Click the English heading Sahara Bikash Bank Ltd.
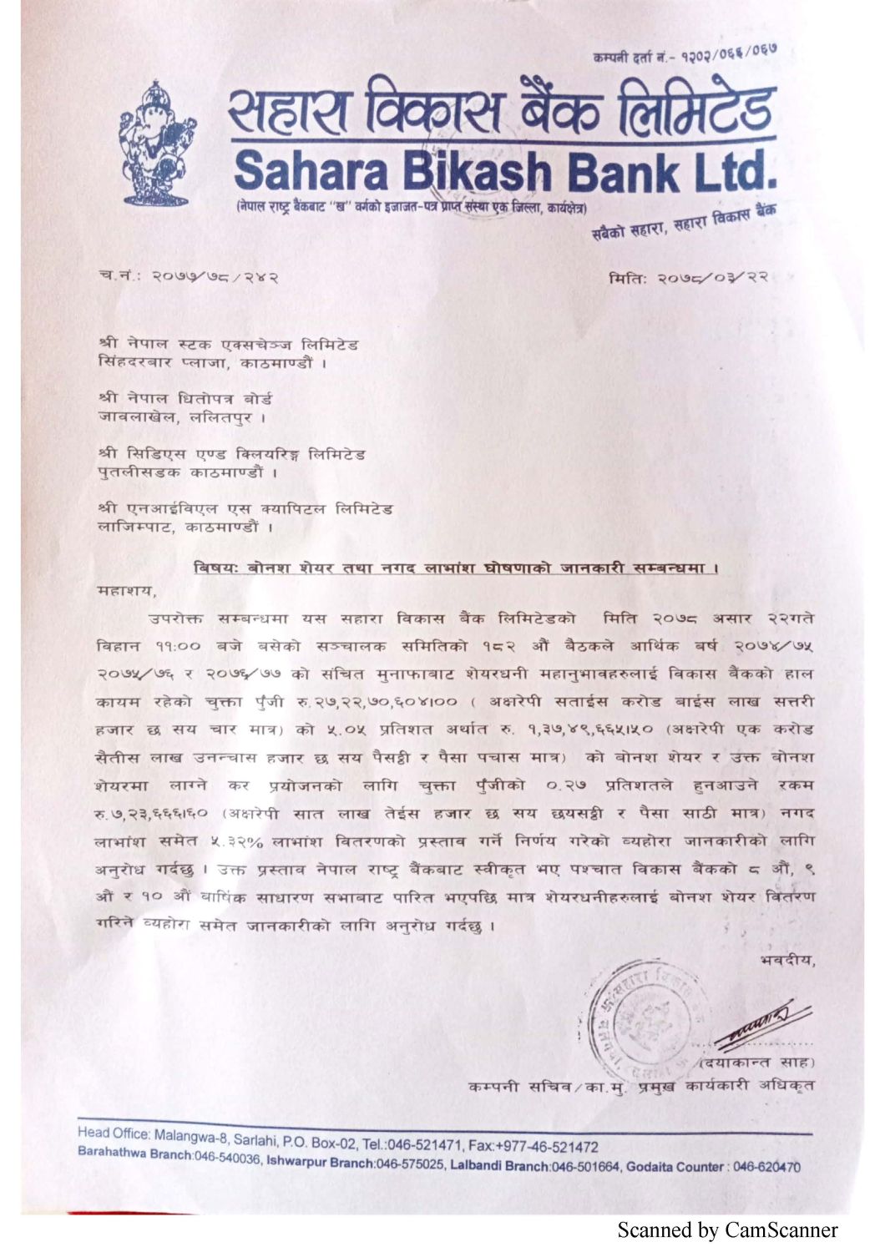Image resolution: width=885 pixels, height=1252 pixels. (x=504, y=169)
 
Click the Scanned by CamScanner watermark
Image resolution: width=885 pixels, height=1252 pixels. (x=727, y=1229)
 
